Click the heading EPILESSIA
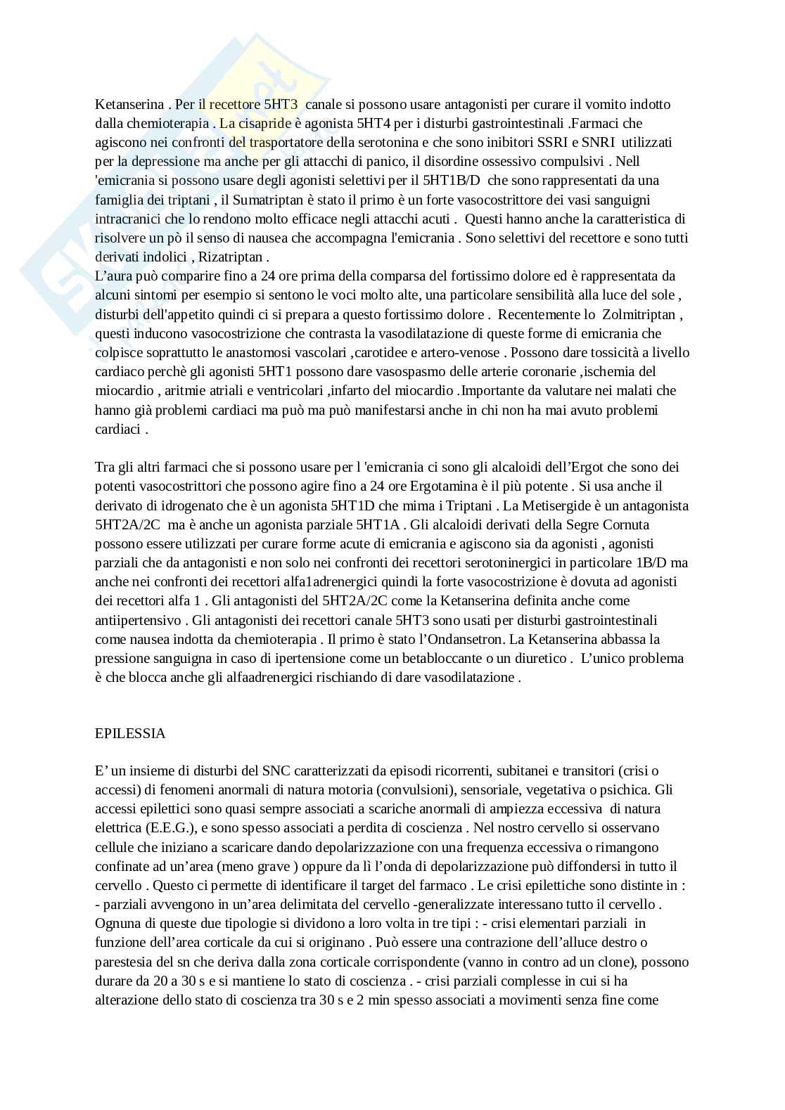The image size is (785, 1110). click(x=130, y=733)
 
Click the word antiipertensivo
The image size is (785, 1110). click(x=139, y=620)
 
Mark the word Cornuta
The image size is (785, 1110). click(x=626, y=524)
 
